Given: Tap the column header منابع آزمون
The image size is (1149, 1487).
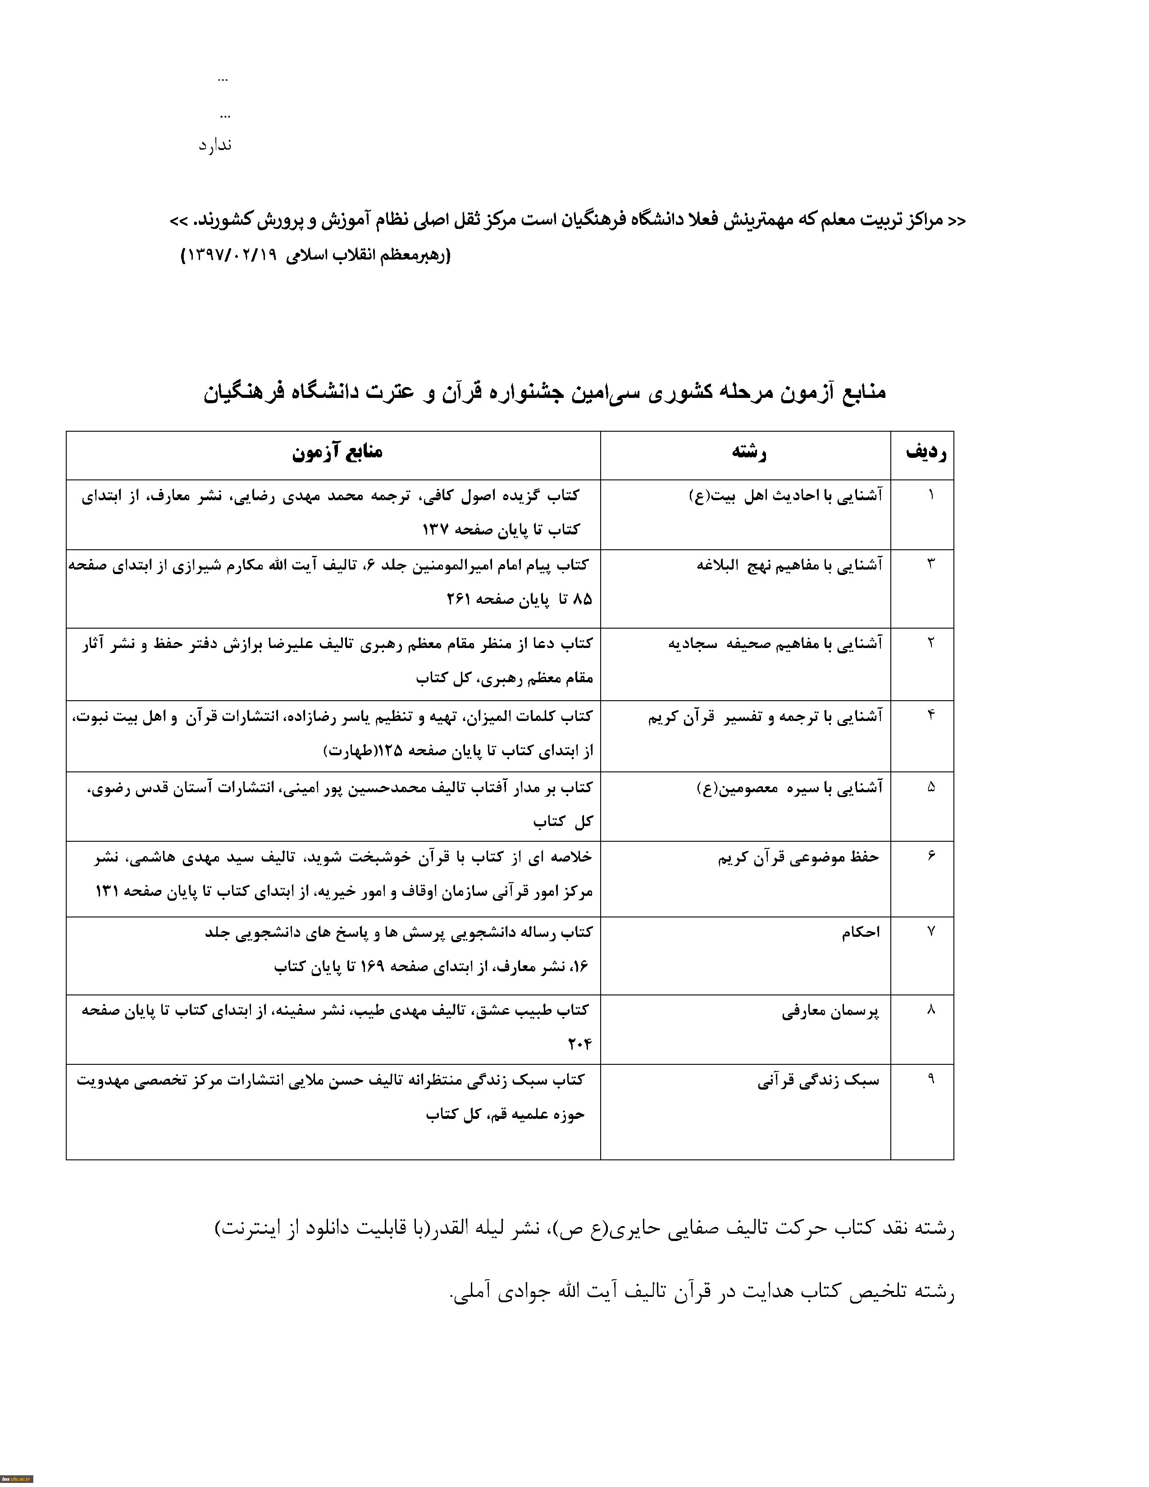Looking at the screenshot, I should click(x=337, y=453).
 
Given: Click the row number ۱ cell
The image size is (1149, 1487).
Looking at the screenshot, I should click(x=930, y=495).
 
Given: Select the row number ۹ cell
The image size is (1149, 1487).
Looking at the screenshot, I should click(x=930, y=1079).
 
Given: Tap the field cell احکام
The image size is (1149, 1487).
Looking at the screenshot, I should click(x=861, y=933).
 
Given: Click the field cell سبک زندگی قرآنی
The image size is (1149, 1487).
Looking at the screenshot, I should click(x=818, y=1081).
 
